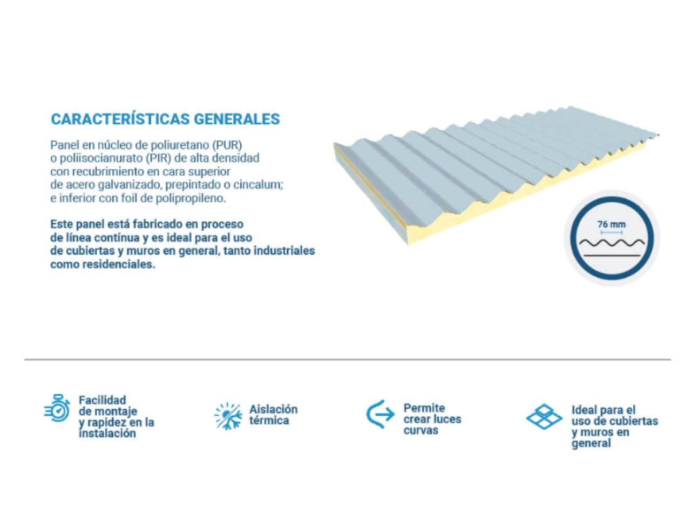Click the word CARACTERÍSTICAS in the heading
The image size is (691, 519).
click(x=120, y=119)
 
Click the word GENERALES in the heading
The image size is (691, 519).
click(x=236, y=119)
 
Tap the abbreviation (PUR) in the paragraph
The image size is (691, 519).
click(x=227, y=145)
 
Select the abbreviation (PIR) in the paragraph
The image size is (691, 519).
click(x=158, y=158)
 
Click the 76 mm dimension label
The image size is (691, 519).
click(x=611, y=224)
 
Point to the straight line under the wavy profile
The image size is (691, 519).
click(x=611, y=255)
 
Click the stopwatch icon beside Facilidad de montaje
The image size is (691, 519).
click(x=57, y=408)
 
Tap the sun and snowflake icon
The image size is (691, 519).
click(x=228, y=416)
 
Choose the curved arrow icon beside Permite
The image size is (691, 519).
click(x=380, y=414)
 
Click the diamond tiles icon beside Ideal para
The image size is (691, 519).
click(x=544, y=416)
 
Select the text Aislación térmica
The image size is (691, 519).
click(x=273, y=415)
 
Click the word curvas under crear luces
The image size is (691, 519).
click(x=421, y=430)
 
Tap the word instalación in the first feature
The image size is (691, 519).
click(x=107, y=434)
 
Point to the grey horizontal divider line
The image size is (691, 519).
click(x=348, y=359)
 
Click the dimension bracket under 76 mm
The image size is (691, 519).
click(x=611, y=232)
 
